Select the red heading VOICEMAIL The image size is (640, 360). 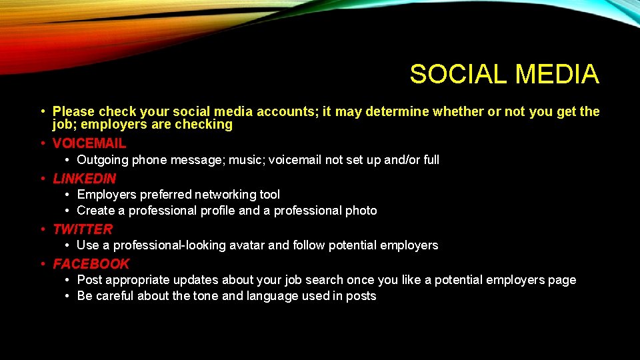pyautogui.click(x=89, y=143)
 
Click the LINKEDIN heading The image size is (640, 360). pyautogui.click(x=85, y=178)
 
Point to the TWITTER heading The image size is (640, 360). pyautogui.click(x=83, y=229)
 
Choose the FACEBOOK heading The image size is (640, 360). pyautogui.click(x=91, y=263)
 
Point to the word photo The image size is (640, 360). pyautogui.click(x=361, y=211)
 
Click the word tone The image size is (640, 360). pyautogui.click(x=206, y=296)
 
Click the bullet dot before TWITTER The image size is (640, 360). pyautogui.click(x=43, y=229)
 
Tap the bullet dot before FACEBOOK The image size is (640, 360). pyautogui.click(x=43, y=264)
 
